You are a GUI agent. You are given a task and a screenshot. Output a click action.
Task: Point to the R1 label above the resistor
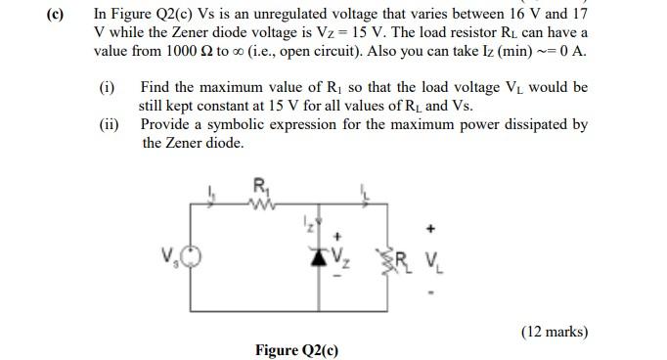(x=259, y=186)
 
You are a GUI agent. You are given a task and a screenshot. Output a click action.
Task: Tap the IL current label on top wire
(x=365, y=191)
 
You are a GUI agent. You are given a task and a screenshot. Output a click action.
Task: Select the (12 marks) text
(x=556, y=332)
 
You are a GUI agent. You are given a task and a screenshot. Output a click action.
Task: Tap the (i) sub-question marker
(x=108, y=88)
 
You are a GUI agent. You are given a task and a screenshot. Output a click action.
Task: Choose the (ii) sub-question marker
(x=110, y=125)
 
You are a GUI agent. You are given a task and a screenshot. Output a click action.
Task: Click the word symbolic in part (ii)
(x=233, y=125)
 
